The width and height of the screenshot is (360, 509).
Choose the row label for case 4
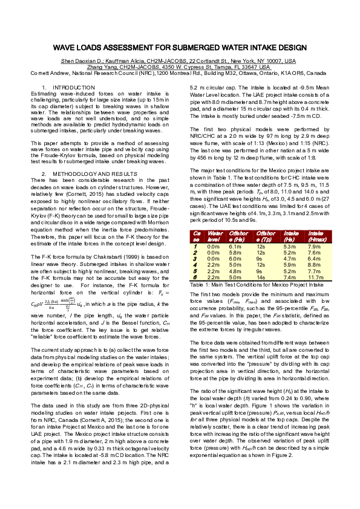click(x=195, y=264)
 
